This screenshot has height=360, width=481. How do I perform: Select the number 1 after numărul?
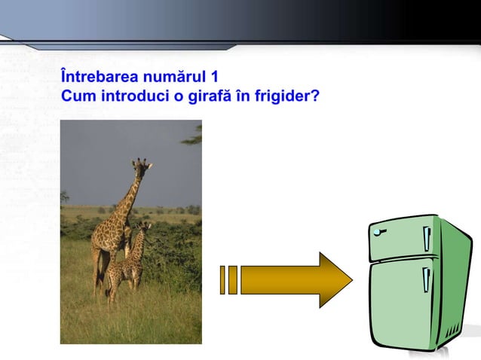225,77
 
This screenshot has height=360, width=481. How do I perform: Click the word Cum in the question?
76,96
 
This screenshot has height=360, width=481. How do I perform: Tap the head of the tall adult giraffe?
141,165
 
